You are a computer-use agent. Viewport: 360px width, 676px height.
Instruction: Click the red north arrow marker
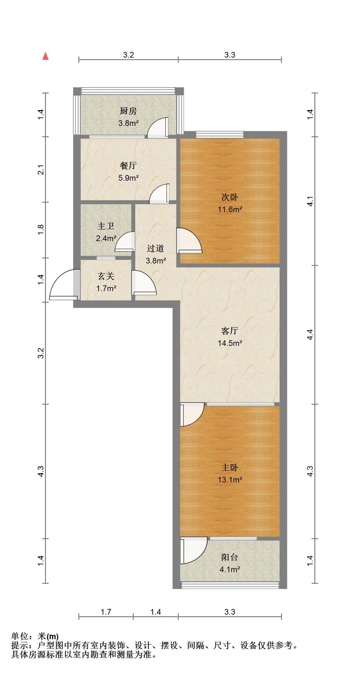(46, 56)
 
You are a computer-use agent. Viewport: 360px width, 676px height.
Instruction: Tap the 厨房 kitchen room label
(128, 111)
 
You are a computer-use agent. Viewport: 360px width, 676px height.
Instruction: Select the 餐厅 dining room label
(128, 166)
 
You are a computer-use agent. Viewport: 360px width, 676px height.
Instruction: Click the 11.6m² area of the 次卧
(230, 209)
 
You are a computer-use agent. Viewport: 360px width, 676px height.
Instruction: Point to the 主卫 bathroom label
(106, 226)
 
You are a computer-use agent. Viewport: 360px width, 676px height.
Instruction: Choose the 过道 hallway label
(155, 249)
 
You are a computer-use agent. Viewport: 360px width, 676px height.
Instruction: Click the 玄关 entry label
(106, 276)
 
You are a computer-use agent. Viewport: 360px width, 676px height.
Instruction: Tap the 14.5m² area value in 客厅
(230, 343)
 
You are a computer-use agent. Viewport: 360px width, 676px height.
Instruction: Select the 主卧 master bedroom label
(230, 468)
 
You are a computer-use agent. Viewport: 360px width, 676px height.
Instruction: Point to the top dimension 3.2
(128, 55)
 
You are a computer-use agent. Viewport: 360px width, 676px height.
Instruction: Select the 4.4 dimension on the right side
(310, 335)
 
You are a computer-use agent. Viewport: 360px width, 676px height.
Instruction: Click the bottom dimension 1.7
(106, 612)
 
